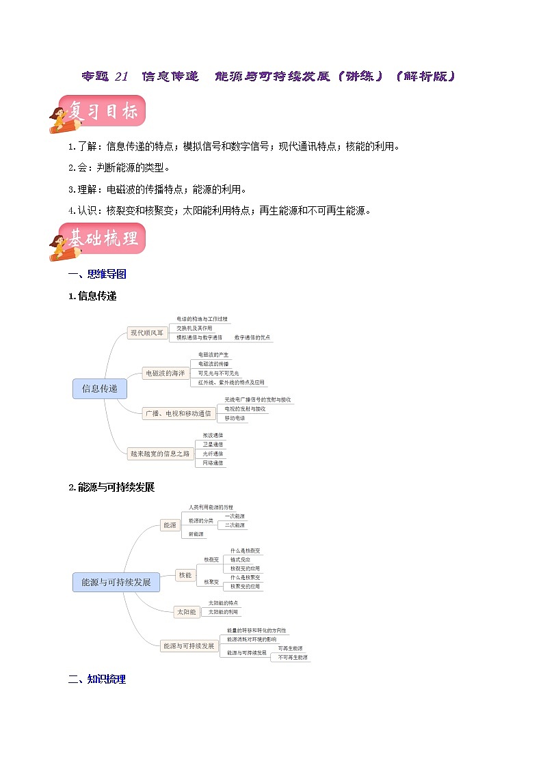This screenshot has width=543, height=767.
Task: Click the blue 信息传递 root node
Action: coord(99,389)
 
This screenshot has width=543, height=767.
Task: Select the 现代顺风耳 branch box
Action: coord(147,333)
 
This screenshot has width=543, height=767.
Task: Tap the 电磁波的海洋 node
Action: coord(165,373)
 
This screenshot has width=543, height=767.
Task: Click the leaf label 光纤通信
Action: coord(212,454)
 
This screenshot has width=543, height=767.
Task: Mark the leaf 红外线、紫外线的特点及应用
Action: coord(230,382)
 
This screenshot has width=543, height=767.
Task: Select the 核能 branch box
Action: coord(185,575)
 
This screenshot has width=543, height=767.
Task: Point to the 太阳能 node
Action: coord(186,612)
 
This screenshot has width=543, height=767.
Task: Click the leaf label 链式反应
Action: coord(240,559)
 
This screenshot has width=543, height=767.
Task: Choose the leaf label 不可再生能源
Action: coord(293,657)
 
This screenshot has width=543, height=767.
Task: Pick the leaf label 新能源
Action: coord(196,534)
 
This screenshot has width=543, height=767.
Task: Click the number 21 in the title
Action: coord(121,76)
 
